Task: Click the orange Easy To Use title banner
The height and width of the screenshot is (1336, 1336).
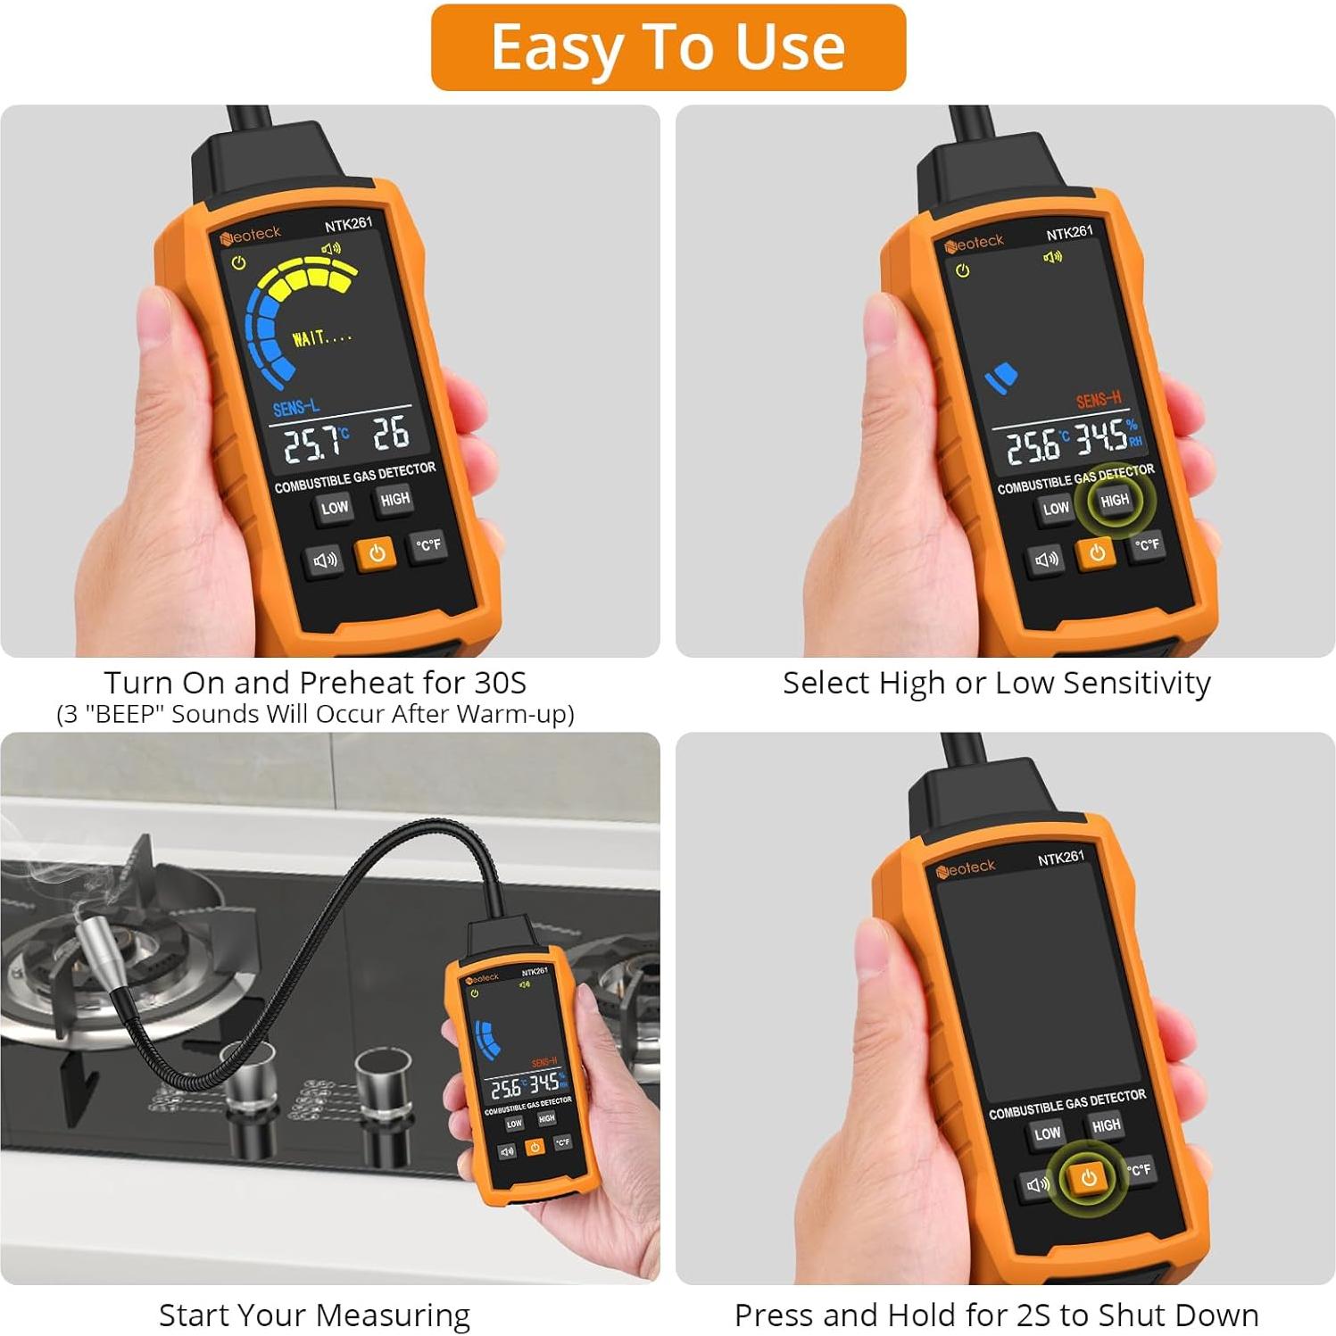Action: [668, 47]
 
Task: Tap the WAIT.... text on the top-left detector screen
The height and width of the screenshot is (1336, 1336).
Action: [321, 337]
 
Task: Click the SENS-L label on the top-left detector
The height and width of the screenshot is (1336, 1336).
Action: [295, 408]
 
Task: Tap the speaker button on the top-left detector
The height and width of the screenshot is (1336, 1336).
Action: [325, 560]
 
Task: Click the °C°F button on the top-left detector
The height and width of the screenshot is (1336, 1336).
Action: [428, 544]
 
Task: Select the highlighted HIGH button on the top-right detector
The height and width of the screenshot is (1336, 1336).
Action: [1114, 501]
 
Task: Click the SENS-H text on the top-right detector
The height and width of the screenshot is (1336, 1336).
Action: [1098, 400]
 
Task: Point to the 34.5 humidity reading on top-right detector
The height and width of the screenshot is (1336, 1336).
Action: [1100, 437]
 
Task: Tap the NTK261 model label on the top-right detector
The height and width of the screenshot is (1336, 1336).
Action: [1069, 232]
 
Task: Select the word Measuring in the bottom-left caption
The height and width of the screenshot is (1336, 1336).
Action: [393, 1315]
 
